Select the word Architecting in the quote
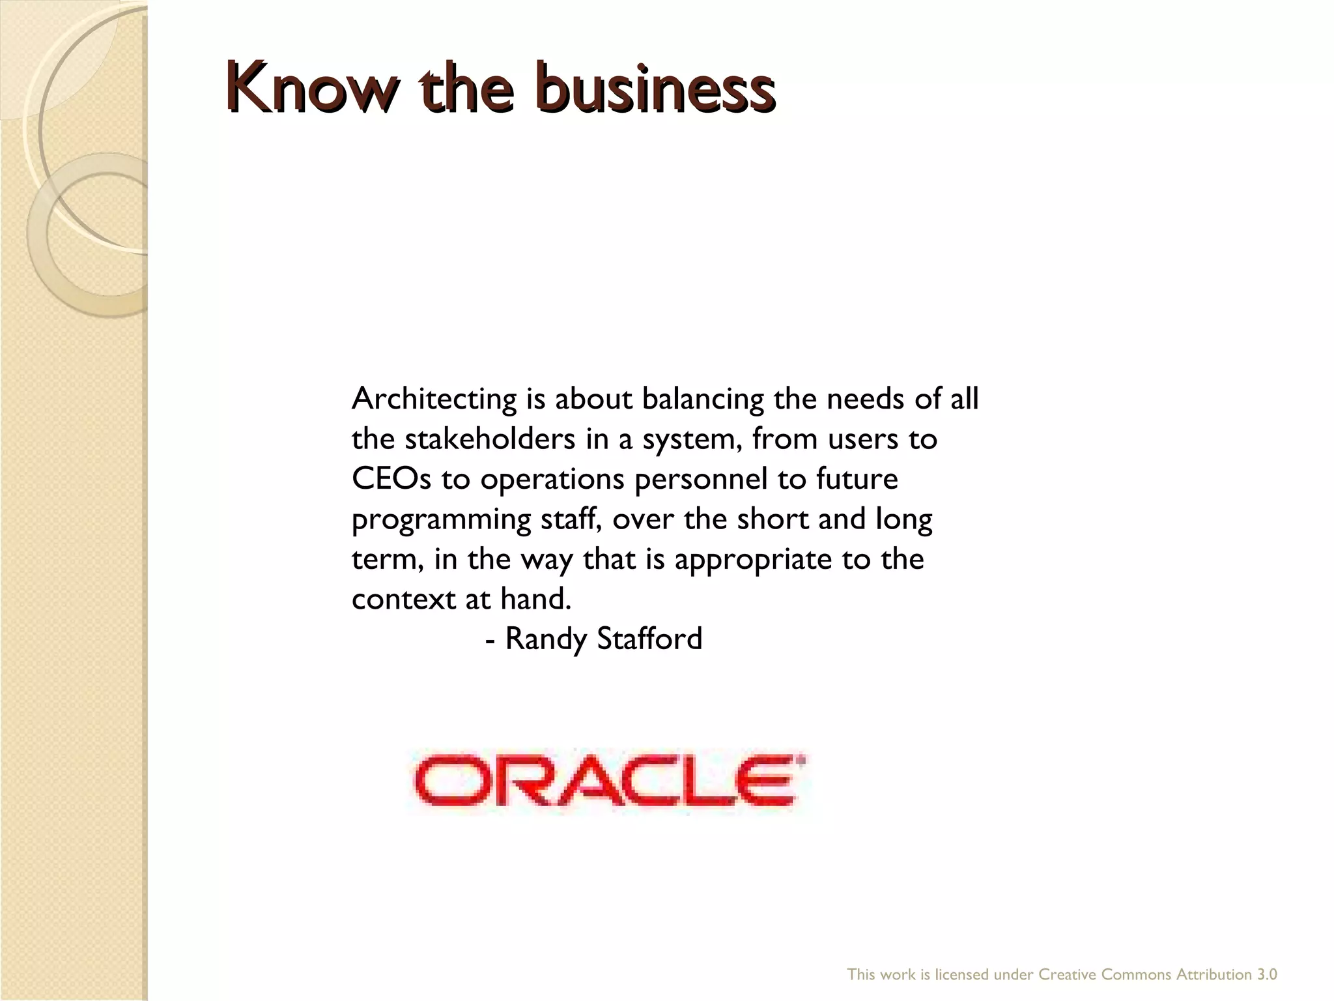pyautogui.click(x=434, y=398)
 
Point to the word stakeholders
pyautogui.click(x=490, y=439)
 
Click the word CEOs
pyautogui.click(x=391, y=479)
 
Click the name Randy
pyautogui.click(x=546, y=639)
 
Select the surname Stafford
pyautogui.click(x=649, y=638)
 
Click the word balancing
pyautogui.click(x=703, y=399)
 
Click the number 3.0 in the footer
pyautogui.click(x=1267, y=975)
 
